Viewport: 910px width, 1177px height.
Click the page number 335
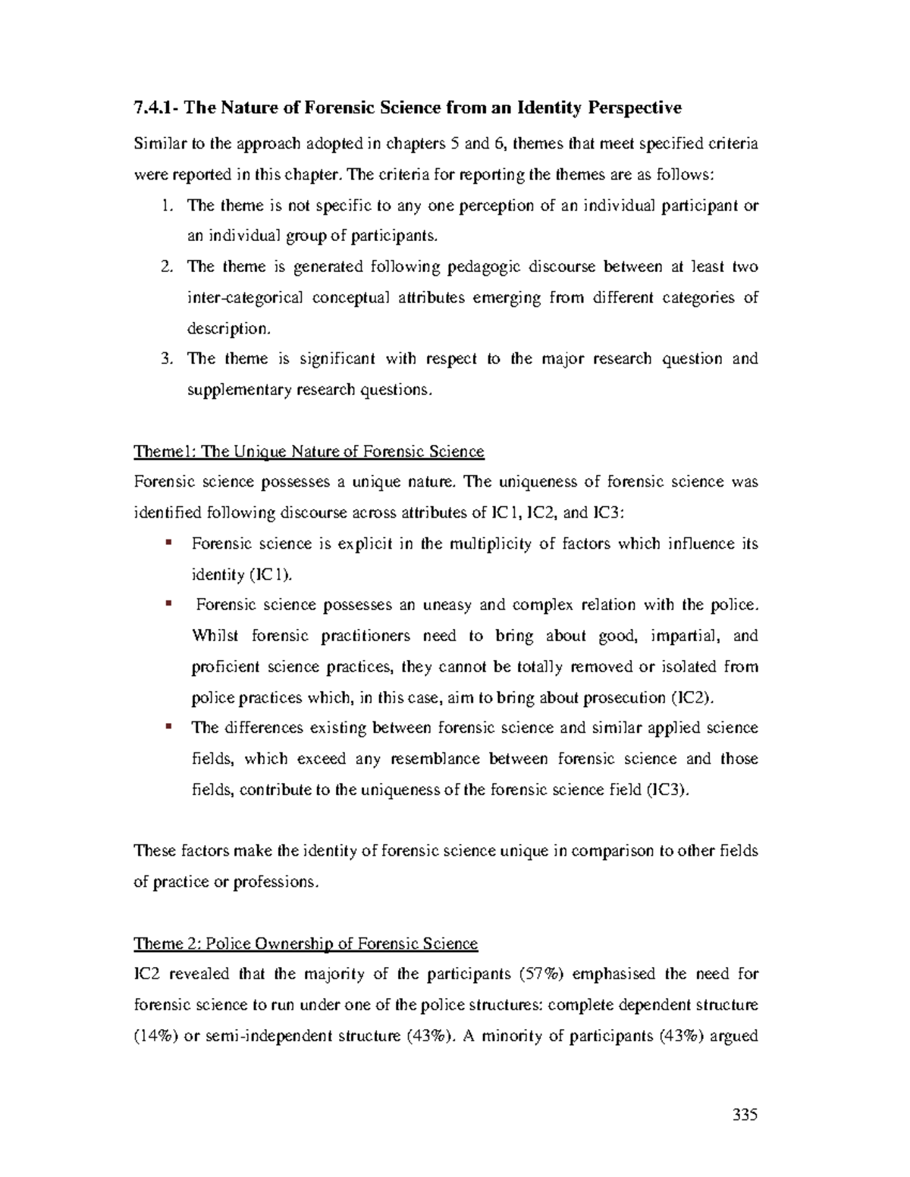[x=745, y=1115]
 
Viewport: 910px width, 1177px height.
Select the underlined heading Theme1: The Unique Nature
[x=309, y=452]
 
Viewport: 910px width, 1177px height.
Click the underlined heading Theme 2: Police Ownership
[x=306, y=944]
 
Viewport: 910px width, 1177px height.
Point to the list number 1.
[x=168, y=205]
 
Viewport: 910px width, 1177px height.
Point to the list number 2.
[x=168, y=267]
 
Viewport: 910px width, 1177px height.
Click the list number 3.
[x=168, y=358]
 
